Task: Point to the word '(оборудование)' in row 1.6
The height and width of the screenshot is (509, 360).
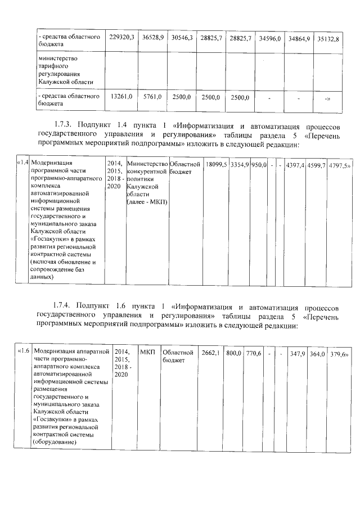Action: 54,442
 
